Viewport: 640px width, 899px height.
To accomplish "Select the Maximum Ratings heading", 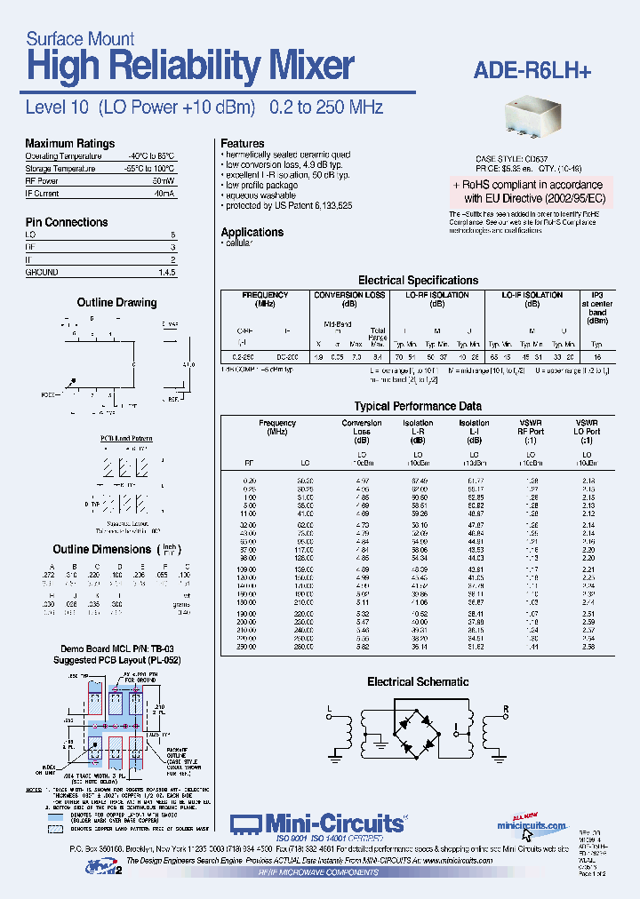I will coord(69,144).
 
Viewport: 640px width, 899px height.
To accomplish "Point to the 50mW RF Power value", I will coord(164,180).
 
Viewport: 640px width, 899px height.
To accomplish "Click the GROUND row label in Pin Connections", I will coord(42,273).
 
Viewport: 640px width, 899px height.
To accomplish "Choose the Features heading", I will coord(243,143).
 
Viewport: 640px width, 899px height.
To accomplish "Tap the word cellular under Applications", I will coord(239,243).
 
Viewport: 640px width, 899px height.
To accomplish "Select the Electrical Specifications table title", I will coord(418,280).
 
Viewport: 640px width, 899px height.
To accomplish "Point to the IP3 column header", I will coord(596,295).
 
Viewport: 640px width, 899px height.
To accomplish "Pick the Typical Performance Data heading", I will coord(418,406).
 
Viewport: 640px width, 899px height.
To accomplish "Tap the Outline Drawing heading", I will coord(116,303).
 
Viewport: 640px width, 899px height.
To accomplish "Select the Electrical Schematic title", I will coord(418,681).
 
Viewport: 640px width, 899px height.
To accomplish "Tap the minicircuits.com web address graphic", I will coord(532,825).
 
